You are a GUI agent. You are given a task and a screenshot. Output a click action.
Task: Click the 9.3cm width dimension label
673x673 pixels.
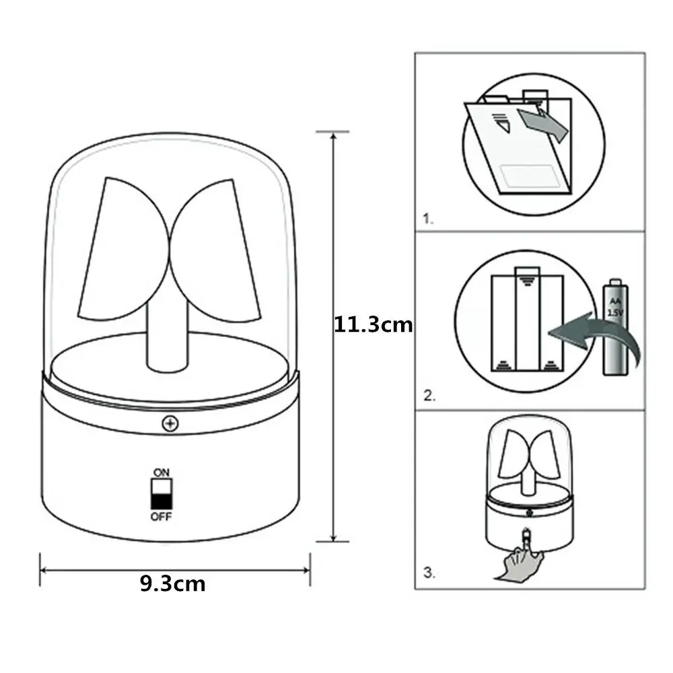(173, 583)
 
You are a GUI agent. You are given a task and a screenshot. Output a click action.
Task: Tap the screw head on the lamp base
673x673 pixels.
(170, 423)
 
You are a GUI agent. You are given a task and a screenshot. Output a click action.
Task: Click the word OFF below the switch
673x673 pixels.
(162, 517)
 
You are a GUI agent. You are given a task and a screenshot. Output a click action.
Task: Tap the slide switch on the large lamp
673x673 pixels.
(162, 494)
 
